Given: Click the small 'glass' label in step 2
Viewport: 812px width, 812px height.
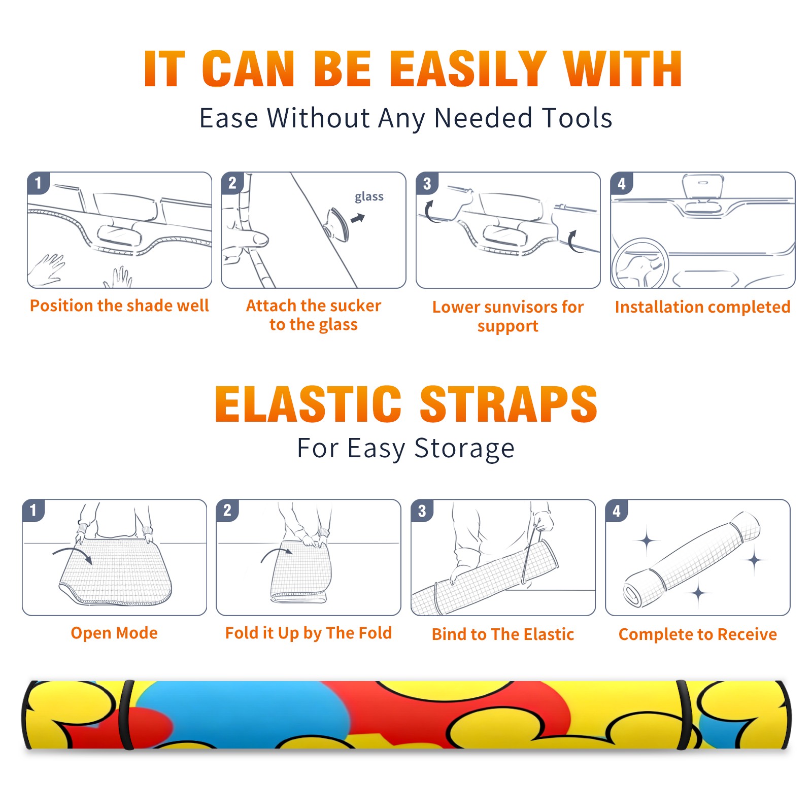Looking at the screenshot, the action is point(369,197).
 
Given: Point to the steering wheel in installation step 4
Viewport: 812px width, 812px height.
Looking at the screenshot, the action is point(640,264).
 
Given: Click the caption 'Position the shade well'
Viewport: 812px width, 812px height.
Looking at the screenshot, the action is point(119,306).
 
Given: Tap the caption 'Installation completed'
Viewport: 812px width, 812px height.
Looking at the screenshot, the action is point(702,307).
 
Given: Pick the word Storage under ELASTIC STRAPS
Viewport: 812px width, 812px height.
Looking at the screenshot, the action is point(464,449).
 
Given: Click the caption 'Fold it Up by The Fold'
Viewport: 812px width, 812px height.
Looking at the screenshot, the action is point(309,633).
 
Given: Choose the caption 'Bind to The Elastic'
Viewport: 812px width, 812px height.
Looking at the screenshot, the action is point(503,634).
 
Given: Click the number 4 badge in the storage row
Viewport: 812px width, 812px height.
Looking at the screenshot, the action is point(617,511).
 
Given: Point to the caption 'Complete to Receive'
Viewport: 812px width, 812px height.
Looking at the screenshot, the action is point(698,635).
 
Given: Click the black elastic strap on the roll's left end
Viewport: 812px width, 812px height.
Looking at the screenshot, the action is point(126,715).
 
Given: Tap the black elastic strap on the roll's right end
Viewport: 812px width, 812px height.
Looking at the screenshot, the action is point(689,715).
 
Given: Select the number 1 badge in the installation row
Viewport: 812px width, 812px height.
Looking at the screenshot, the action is point(39,183).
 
